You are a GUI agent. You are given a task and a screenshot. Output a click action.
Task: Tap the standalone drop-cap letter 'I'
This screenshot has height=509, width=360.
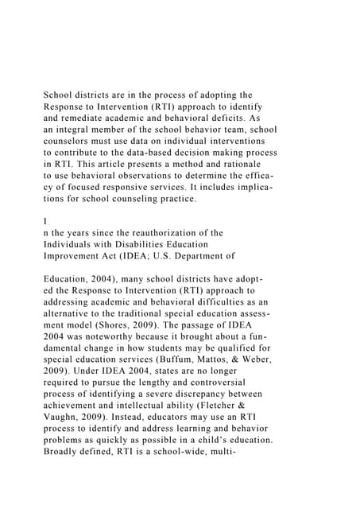tap(45, 221)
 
